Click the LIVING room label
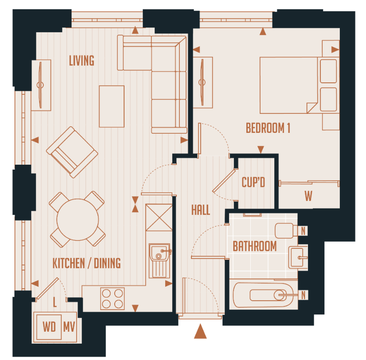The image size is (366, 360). tap(82, 61)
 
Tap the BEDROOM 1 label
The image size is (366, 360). tap(268, 128)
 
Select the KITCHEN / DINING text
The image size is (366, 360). tap(86, 263)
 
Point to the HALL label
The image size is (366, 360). tap(200, 209)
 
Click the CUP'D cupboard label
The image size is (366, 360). tap(253, 182)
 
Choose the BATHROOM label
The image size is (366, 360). tap(254, 246)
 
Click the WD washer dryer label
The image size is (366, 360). tap(49, 327)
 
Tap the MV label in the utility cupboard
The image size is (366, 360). tap(69, 327)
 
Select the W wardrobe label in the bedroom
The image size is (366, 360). tap(308, 196)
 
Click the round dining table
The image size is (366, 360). tap(78, 219)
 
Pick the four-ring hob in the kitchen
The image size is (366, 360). tap(112, 298)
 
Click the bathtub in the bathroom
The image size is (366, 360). tap(263, 294)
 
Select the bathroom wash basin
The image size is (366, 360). tap(298, 257)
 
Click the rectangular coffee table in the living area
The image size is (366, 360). tap(112, 106)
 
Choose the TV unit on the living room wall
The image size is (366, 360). tap(41, 84)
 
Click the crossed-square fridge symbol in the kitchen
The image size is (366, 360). tap(159, 217)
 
